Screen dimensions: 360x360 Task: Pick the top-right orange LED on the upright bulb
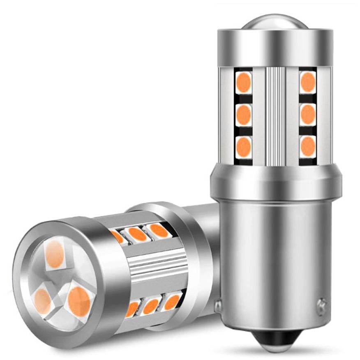(x=307, y=82)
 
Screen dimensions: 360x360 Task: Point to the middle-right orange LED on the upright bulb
(x=307, y=114)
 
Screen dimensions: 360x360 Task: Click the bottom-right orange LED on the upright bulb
(x=307, y=145)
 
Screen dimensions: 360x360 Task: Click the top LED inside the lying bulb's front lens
(x=55, y=254)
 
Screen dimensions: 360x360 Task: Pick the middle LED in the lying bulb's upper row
(x=137, y=234)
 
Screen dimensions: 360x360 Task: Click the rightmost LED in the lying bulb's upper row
(x=157, y=231)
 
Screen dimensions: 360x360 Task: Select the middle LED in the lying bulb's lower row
(x=151, y=306)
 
